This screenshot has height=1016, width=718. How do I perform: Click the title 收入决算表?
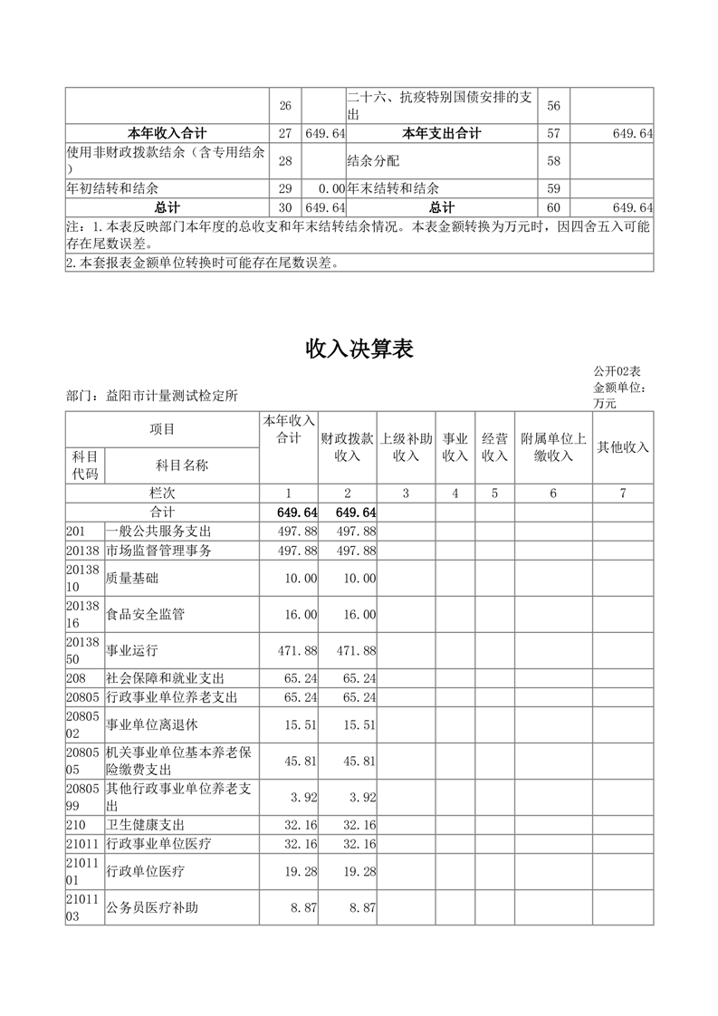pos(359,349)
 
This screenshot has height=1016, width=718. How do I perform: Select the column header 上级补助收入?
pos(406,446)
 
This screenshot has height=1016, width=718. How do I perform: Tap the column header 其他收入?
pos(623,447)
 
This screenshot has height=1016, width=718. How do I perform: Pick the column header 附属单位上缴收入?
pos(553,446)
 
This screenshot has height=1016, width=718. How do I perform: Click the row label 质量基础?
pos(131,578)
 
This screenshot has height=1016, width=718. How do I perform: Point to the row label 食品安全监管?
pos(146,614)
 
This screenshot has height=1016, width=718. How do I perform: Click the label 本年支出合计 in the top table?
pos(442,133)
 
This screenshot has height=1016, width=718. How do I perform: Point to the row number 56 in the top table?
pos(554,106)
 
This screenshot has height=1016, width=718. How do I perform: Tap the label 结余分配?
pos(373,161)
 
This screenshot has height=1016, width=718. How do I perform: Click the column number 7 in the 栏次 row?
pos(623,494)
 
